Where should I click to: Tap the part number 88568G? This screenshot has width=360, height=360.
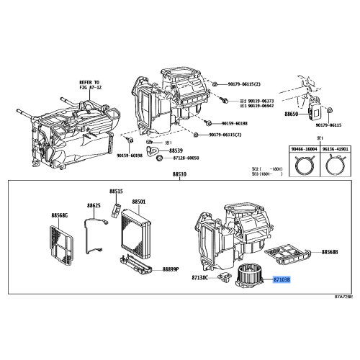click(60, 215)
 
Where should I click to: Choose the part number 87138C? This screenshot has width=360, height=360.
click(200, 277)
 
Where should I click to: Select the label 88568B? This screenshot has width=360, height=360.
click(330, 252)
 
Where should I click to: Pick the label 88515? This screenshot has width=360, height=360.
click(117, 191)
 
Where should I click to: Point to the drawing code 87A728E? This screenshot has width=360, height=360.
click(344, 296)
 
